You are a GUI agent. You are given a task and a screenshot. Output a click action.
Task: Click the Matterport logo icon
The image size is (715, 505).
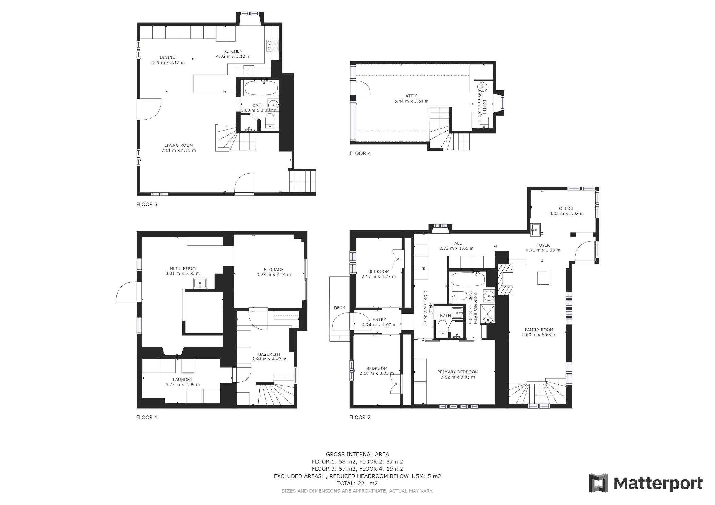click(x=598, y=483)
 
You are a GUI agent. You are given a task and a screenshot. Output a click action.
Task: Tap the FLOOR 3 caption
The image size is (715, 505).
click(x=147, y=205)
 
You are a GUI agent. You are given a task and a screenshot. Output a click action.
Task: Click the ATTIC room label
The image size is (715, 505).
click(x=411, y=96)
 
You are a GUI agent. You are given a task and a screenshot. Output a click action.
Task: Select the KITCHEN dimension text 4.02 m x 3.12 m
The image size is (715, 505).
click(x=233, y=57)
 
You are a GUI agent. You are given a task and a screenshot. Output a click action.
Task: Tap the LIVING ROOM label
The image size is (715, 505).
click(x=178, y=145)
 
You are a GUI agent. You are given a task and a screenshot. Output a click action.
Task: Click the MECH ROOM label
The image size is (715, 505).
click(x=182, y=268)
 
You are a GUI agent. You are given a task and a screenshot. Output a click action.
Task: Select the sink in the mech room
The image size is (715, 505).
click(x=200, y=283)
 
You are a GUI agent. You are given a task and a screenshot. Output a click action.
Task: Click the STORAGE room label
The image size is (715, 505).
click(x=273, y=270)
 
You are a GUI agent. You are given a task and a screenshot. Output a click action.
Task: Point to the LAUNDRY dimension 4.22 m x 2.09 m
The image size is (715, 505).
click(x=182, y=384)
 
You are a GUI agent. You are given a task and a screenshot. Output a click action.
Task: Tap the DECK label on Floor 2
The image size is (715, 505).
click(x=339, y=308)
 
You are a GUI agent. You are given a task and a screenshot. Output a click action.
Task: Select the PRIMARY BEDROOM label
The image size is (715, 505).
click(x=457, y=372)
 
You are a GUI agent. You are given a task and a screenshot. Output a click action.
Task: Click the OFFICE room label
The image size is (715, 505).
click(x=566, y=208)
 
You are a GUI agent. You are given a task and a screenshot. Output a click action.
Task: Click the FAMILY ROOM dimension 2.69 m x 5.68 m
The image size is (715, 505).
click(x=539, y=335)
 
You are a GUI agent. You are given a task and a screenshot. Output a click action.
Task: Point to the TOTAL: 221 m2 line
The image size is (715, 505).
click(x=357, y=483)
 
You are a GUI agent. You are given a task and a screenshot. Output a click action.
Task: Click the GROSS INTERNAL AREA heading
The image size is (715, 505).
click(x=357, y=454)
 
